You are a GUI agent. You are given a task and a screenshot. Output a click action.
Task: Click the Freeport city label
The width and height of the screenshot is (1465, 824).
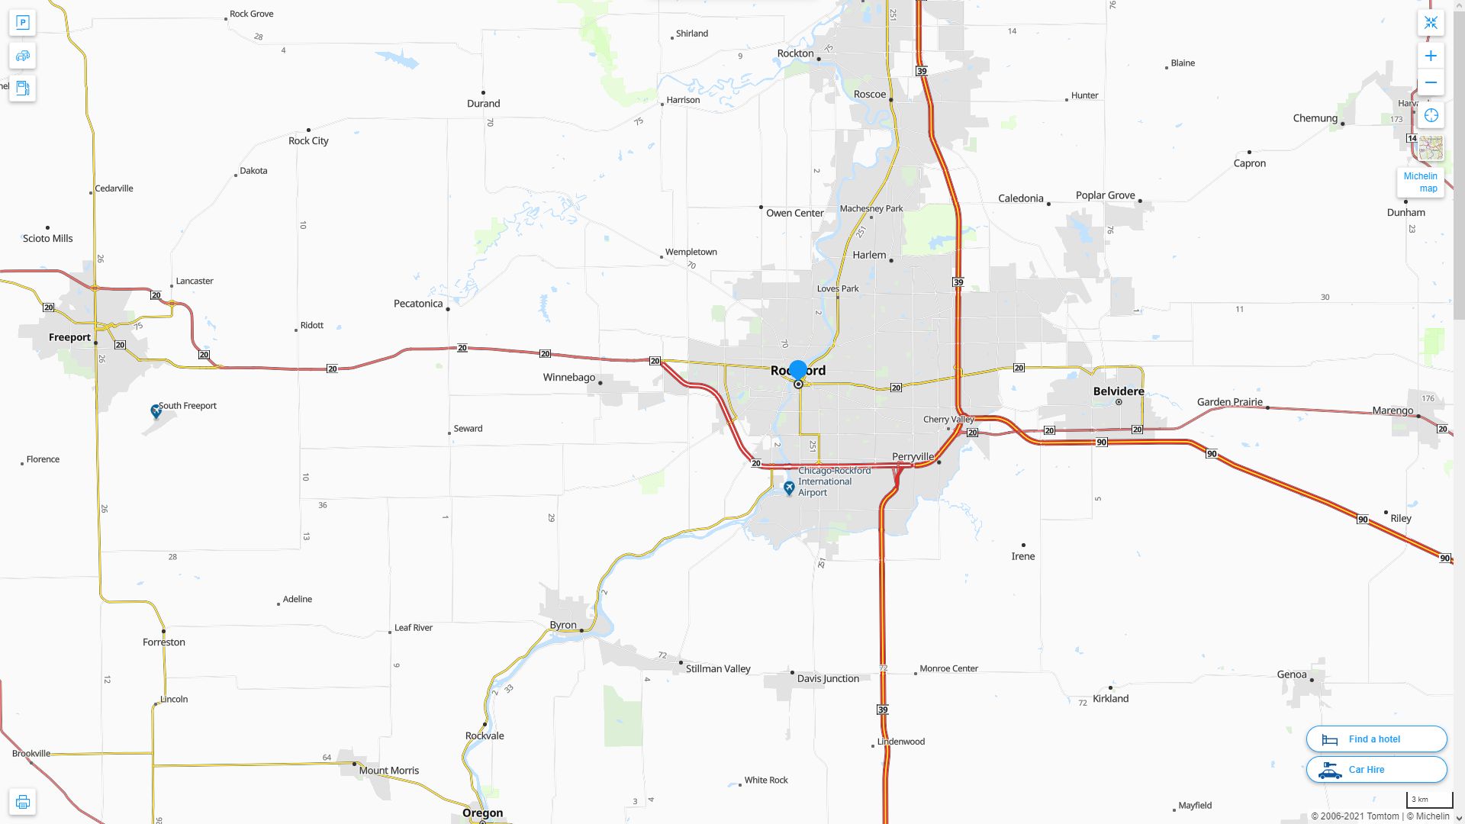[69, 337]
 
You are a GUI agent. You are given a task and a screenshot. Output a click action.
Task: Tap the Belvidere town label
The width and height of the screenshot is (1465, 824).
[1118, 391]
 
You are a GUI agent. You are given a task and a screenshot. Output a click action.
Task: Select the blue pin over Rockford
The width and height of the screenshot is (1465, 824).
[797, 370]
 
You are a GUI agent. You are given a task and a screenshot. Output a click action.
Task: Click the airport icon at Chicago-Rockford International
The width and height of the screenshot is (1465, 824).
[789, 488]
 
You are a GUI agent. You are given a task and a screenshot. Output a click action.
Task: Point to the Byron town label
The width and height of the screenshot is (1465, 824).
[563, 625]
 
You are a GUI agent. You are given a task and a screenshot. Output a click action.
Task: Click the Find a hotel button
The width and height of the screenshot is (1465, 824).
[1376, 739]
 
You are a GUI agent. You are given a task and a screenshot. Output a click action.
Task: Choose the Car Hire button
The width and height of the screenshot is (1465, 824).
[1376, 770]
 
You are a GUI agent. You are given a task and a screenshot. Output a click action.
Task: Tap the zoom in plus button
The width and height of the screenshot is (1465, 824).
[1431, 56]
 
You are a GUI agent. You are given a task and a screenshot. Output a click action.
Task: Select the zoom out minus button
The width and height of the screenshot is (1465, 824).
[1431, 82]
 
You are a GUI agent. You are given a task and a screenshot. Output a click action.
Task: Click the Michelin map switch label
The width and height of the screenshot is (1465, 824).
[1420, 182]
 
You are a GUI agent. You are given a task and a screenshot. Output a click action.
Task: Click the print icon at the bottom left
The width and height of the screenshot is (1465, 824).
[23, 802]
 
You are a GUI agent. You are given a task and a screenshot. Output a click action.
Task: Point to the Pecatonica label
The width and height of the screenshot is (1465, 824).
[418, 304]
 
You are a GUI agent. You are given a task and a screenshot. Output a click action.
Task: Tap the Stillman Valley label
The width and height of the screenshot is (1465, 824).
[718, 669]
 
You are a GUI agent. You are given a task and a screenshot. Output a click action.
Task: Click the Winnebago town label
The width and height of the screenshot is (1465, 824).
[568, 378]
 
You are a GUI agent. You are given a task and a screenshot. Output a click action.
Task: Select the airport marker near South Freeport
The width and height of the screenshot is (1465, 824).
[156, 411]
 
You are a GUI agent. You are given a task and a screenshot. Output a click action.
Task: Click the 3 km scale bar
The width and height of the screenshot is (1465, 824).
[1429, 800]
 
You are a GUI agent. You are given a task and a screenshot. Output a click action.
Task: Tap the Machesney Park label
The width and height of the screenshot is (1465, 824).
[871, 208]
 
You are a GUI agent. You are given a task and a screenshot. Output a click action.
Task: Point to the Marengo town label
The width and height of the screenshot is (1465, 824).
[1393, 410]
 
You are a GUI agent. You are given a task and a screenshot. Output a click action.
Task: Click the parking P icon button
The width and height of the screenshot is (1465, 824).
[23, 23]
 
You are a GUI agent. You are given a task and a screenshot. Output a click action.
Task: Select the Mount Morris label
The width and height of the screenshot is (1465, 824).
[388, 771]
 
